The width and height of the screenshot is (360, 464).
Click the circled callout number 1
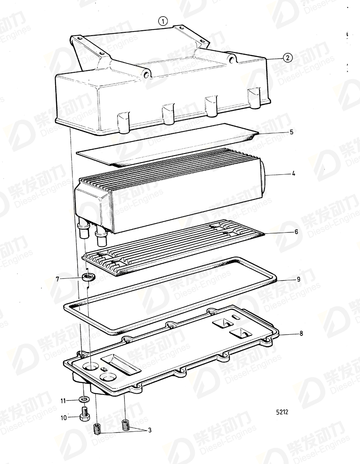click(x=162, y=21)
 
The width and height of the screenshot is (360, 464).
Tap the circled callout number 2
click(x=287, y=58)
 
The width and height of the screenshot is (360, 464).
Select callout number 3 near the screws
click(x=149, y=430)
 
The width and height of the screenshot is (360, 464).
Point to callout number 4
click(x=293, y=174)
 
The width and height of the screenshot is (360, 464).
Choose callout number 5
click(x=291, y=132)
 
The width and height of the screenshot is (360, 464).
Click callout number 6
click(x=296, y=232)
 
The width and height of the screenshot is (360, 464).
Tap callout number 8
click(x=300, y=334)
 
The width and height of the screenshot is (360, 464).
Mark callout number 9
click(x=298, y=279)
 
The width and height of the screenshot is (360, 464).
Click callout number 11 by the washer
click(x=63, y=401)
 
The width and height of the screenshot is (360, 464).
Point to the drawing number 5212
click(x=282, y=413)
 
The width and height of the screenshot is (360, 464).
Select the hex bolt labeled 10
click(x=85, y=415)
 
